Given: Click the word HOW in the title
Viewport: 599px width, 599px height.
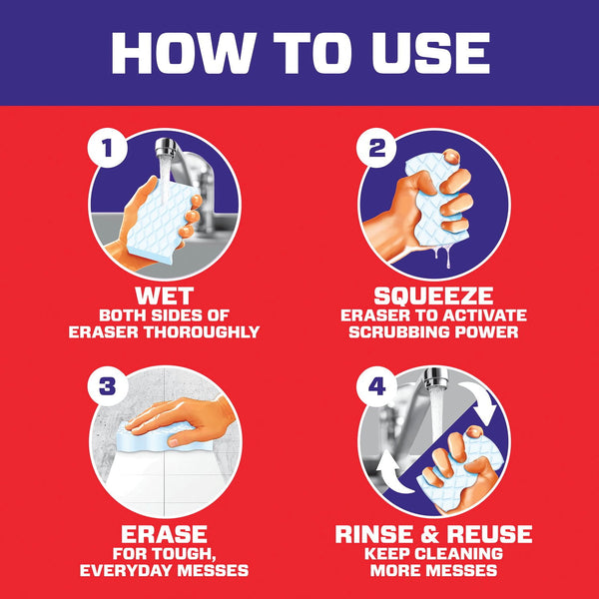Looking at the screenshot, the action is tap(181, 53).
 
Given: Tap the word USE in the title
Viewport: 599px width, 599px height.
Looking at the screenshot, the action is tap(431, 53).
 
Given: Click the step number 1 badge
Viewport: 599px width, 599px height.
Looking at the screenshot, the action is tap(107, 148).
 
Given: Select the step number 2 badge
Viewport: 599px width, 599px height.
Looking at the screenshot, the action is tap(376, 148).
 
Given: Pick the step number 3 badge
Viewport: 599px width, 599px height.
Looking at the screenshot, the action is tap(107, 385).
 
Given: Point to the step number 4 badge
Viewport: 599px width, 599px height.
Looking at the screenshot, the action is tap(376, 385).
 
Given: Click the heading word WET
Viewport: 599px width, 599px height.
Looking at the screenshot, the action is tap(165, 296).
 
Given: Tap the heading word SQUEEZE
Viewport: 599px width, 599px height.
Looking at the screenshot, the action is tap(433, 296).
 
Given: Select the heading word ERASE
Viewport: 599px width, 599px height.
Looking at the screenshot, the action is tap(165, 534).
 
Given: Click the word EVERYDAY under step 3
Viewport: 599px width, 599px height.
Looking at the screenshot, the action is tap(126, 570).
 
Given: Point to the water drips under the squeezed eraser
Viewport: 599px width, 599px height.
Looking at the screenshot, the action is tap(443, 256).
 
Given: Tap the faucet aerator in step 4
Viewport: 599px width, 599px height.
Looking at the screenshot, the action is tap(435, 377).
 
